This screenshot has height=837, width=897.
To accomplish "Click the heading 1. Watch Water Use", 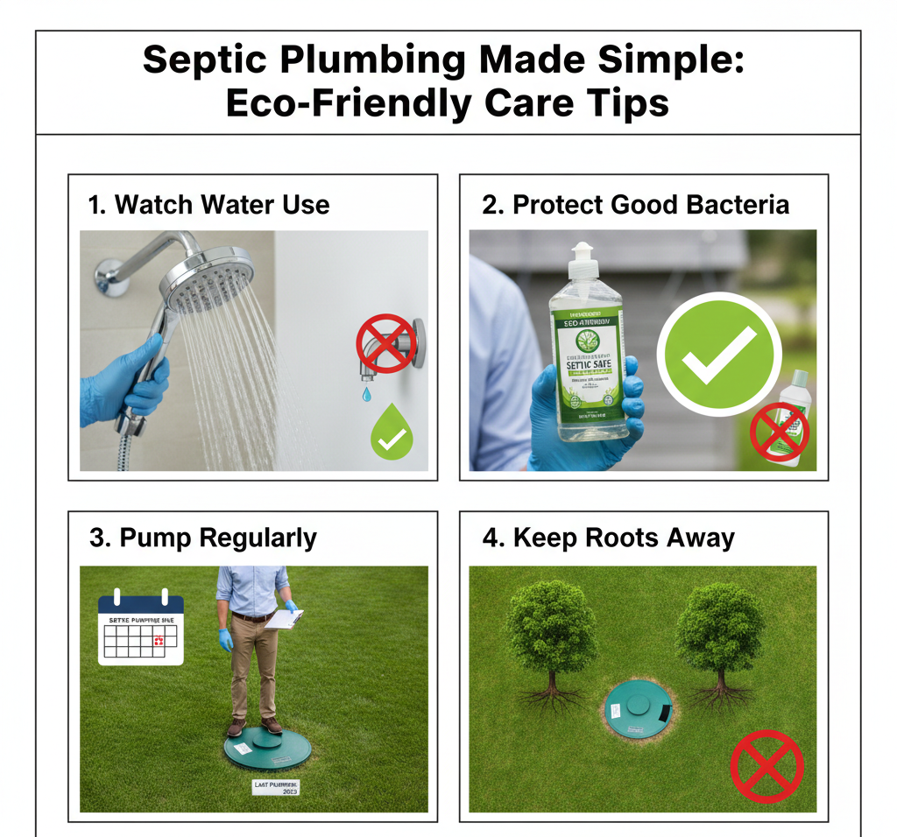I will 208,205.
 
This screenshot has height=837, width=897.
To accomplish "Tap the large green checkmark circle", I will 719,354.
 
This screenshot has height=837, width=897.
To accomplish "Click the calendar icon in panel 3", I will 141,631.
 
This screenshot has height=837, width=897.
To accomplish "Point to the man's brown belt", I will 252,617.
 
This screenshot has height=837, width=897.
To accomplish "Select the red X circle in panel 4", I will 766,767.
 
